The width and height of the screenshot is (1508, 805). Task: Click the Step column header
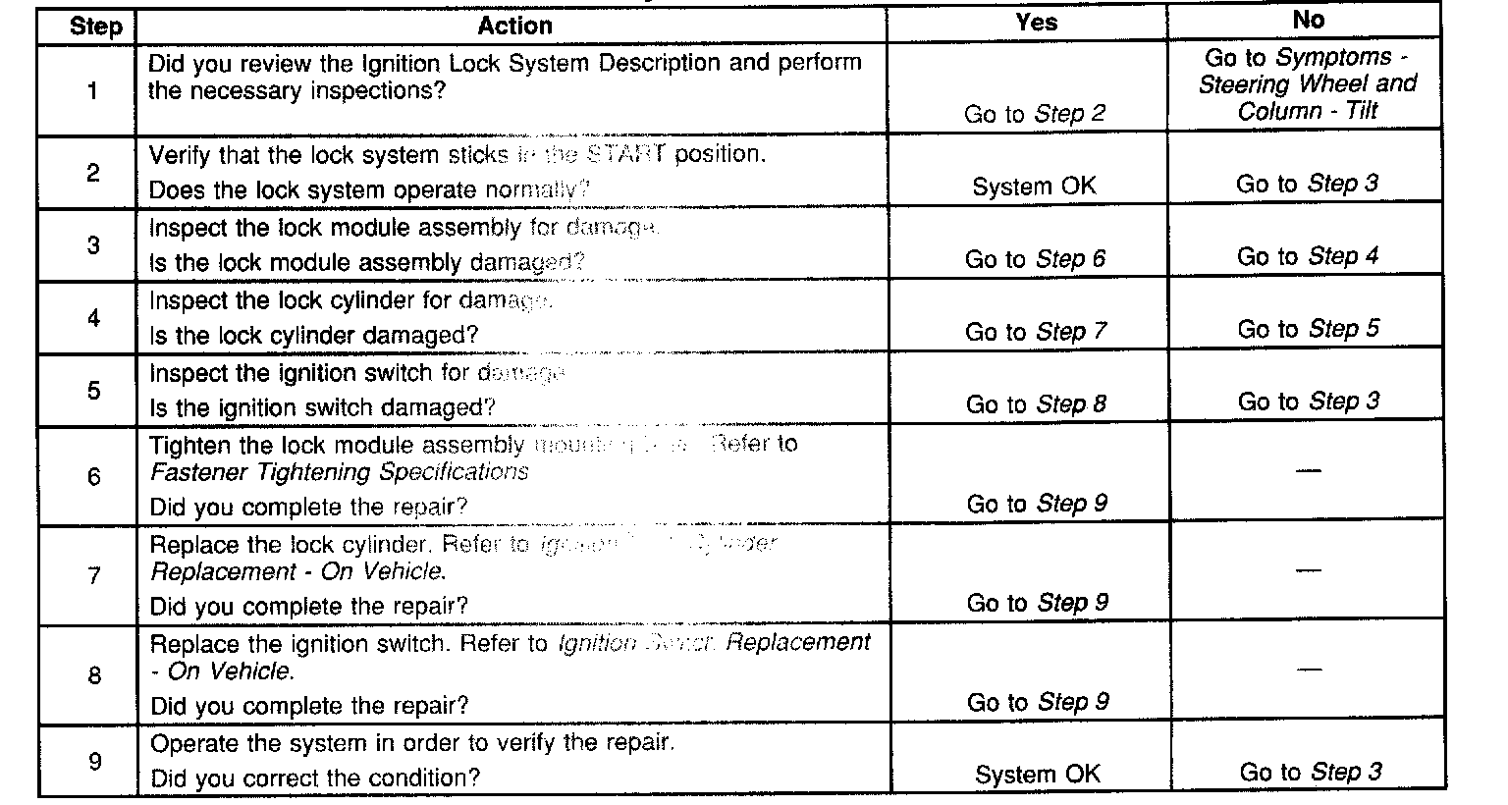[x=95, y=26]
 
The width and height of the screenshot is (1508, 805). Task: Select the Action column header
[x=514, y=26]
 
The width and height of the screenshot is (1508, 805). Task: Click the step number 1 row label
[x=93, y=91]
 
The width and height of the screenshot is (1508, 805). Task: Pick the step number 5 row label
[x=94, y=391]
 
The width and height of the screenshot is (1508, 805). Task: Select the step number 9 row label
[x=94, y=761]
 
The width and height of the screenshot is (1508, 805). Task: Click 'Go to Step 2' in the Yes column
[x=1035, y=114]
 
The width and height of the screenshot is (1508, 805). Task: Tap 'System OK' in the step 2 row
[x=1034, y=187]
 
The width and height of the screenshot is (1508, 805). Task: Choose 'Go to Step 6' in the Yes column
[x=1035, y=259]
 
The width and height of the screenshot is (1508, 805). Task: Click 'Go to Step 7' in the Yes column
[x=1035, y=332]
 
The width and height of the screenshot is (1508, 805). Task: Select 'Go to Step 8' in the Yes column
[x=1036, y=404]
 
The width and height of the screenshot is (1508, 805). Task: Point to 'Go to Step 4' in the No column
[x=1308, y=257]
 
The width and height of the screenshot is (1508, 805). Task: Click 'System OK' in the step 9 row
[x=1037, y=775]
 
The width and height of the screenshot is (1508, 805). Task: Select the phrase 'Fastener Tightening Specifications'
[x=340, y=472]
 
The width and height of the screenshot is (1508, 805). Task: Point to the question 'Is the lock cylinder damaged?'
[x=313, y=335]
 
